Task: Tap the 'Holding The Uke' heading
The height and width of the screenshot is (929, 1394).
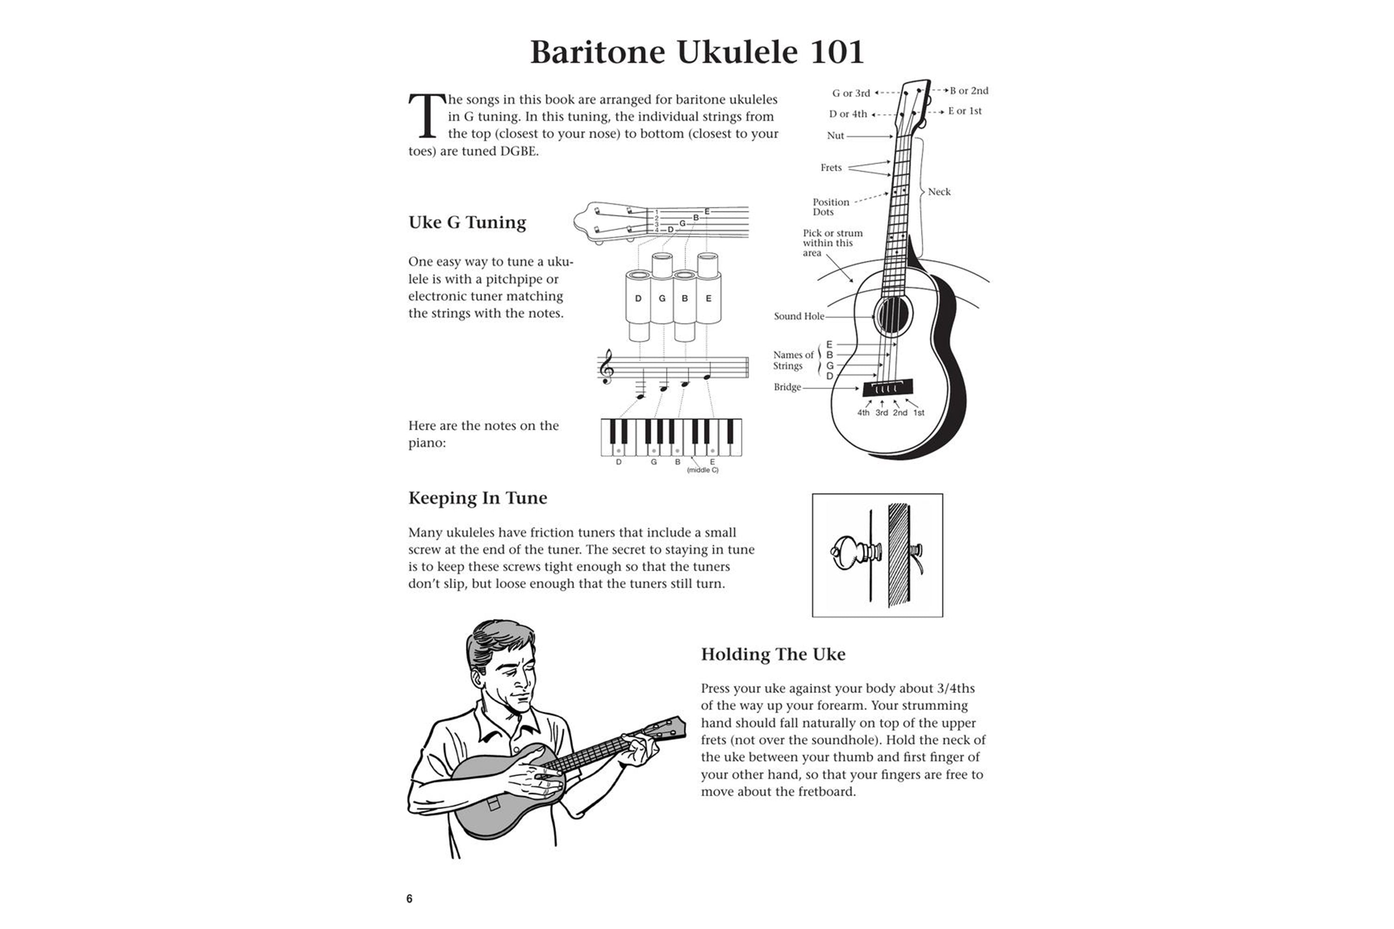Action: tap(773, 654)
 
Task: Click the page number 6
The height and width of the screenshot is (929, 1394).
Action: tap(409, 899)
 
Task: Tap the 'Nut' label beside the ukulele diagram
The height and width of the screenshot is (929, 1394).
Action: tap(835, 136)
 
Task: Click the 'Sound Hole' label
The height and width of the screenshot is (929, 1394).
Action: tap(798, 316)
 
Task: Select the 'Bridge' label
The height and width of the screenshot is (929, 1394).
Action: tap(787, 387)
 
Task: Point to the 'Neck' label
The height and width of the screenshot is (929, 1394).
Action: tap(939, 192)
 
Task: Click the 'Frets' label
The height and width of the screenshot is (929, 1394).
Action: tap(831, 168)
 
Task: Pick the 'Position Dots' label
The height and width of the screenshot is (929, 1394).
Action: tap(830, 207)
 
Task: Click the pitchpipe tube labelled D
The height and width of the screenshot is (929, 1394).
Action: tap(638, 299)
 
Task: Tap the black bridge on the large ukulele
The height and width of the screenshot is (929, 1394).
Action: tap(887, 388)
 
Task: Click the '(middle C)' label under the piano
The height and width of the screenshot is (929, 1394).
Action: tap(702, 471)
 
